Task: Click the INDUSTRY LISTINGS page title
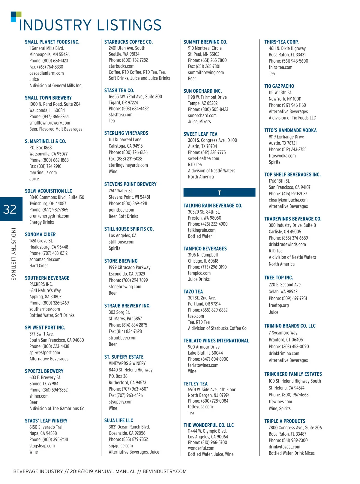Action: (x=90, y=25)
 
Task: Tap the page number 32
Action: (x=10, y=209)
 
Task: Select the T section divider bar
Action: (x=219, y=192)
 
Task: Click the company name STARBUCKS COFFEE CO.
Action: (x=128, y=42)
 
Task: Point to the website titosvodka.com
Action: (x=282, y=156)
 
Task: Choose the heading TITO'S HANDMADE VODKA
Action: (x=290, y=131)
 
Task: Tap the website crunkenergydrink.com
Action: (x=49, y=216)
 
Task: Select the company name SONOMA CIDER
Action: (x=40, y=235)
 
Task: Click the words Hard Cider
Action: (x=39, y=266)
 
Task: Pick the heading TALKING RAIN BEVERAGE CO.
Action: (x=213, y=206)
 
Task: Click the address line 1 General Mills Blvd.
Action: (x=46, y=48)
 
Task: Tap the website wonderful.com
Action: (x=201, y=448)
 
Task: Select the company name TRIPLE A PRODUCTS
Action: (x=285, y=421)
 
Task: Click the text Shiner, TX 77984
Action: (x=44, y=384)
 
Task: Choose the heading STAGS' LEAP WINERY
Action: (x=46, y=421)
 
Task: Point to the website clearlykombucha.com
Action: (x=288, y=200)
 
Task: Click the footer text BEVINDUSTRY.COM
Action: (x=165, y=471)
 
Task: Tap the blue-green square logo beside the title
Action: (x=16, y=17)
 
